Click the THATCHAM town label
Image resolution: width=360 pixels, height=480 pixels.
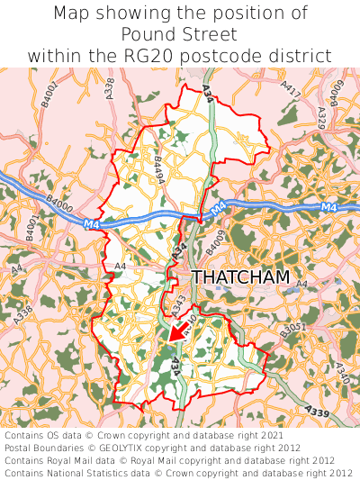(240, 277)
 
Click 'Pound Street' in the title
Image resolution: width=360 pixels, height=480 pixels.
(180, 34)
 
